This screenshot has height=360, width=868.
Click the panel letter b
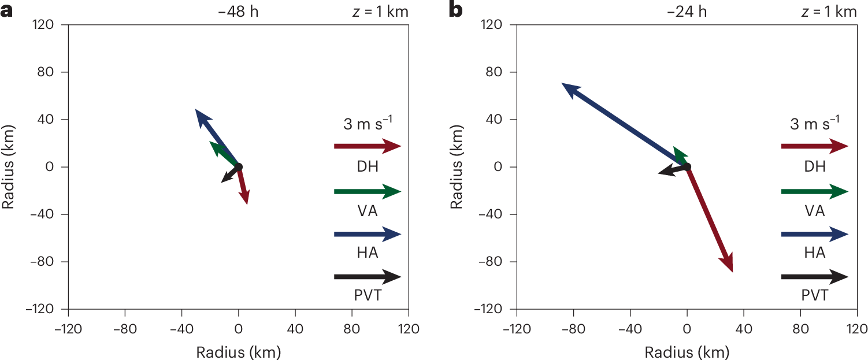pyautogui.click(x=455, y=11)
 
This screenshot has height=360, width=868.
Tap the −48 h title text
pyautogui.click(x=238, y=12)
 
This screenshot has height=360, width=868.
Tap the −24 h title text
pyautogui.click(x=687, y=12)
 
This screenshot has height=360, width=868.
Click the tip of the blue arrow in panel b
pyautogui.click(x=562, y=84)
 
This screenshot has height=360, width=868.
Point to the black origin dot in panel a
pyautogui.click(x=238, y=167)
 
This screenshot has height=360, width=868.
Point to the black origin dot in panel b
pyautogui.click(x=687, y=167)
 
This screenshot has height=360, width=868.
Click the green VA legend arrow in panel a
pyautogui.click(x=367, y=191)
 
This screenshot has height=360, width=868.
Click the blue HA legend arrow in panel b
pyautogui.click(x=814, y=234)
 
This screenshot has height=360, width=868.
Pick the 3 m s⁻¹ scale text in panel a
pyautogui.click(x=367, y=124)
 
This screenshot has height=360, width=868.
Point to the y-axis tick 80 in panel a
pyautogui.click(x=47, y=72)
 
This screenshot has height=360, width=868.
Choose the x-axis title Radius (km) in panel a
pyautogui.click(x=238, y=351)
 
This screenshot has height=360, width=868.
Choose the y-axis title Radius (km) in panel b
pyautogui.click(x=457, y=167)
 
